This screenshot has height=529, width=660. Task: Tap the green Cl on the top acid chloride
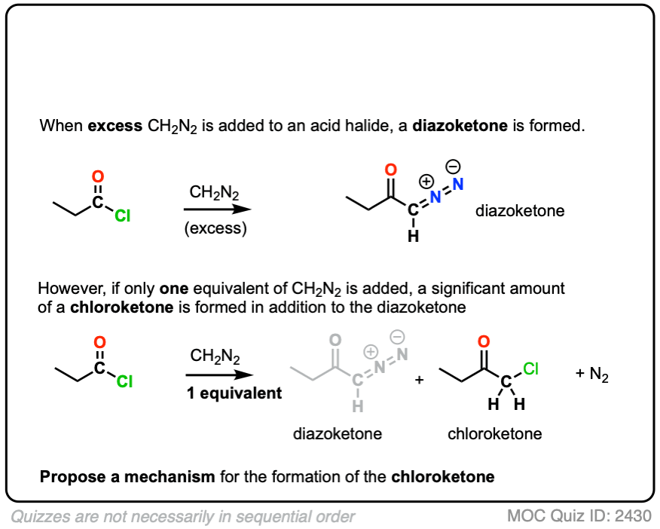123,216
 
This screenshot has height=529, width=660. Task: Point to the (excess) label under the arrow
215,228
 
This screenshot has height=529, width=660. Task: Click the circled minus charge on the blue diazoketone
454,166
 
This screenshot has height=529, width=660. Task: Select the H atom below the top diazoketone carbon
412,236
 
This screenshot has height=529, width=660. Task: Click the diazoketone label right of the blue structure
520,210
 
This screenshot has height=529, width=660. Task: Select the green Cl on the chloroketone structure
531,369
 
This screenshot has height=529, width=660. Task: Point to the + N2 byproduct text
595,375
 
